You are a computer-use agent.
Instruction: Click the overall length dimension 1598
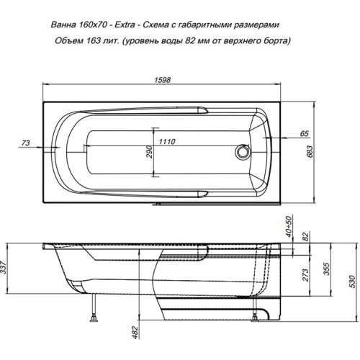tap(163, 80)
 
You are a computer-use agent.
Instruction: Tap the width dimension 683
tap(310, 151)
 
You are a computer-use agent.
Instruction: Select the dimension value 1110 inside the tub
tap(167, 142)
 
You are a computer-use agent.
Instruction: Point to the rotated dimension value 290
tap(149, 152)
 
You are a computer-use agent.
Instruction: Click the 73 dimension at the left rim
tap(26, 143)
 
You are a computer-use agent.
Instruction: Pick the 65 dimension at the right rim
tap(305, 133)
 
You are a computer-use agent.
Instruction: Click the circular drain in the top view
tap(243, 152)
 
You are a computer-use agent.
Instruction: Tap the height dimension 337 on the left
tap(4, 267)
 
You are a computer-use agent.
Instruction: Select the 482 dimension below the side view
tap(135, 333)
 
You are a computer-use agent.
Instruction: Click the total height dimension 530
tap(352, 282)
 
